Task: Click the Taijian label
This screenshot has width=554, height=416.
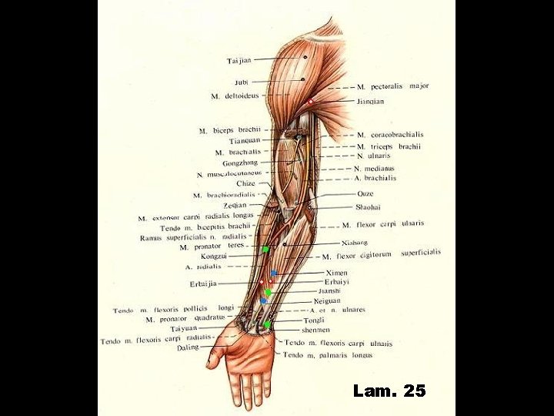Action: tap(239, 60)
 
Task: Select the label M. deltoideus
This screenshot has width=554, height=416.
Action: tap(236, 96)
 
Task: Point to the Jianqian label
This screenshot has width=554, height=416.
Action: tap(370, 101)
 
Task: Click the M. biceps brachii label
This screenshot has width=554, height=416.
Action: tap(230, 130)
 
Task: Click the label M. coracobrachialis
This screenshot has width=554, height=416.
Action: tap(390, 135)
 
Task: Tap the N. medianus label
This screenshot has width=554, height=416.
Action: tap(374, 168)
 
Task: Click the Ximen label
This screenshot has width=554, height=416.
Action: tap(337, 273)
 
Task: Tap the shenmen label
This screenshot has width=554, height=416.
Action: tap(315, 329)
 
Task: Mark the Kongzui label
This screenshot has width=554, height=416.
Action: tap(214, 256)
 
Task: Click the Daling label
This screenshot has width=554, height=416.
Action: tap(188, 347)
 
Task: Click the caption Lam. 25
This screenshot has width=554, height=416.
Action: tap(389, 391)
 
